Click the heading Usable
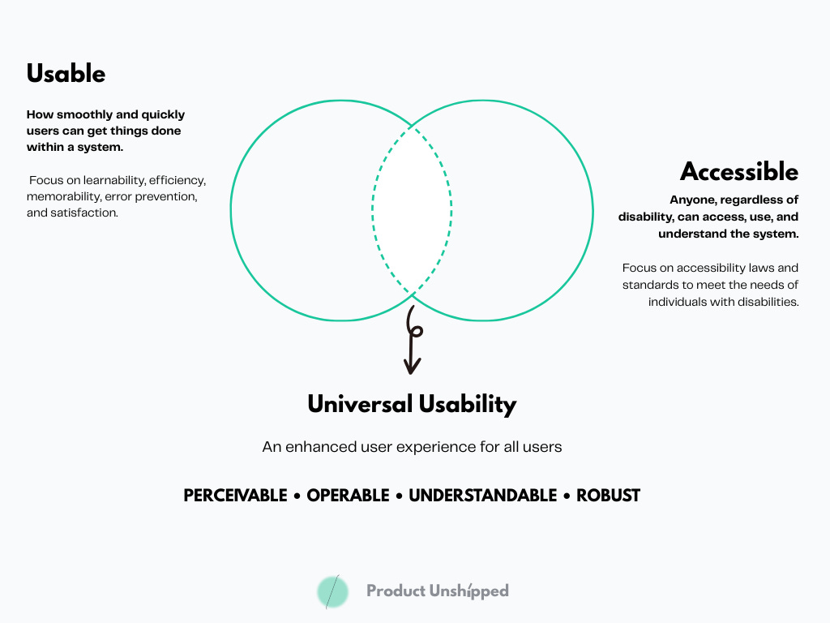(x=66, y=74)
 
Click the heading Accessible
(x=739, y=172)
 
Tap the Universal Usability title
(x=412, y=404)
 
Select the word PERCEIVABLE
(x=235, y=496)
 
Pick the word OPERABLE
(x=347, y=496)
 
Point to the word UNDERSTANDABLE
(x=482, y=496)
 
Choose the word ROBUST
(x=608, y=496)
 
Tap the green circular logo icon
(x=332, y=591)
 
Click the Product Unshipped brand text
(x=438, y=591)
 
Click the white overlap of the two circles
(x=412, y=211)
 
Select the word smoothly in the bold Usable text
(x=87, y=114)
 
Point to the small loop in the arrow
(x=415, y=329)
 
